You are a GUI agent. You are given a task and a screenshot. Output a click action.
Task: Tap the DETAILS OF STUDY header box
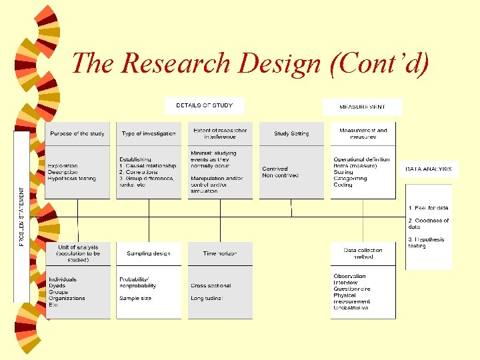[x=204, y=105]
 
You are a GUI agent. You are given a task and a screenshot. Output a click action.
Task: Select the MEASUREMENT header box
[x=362, y=107]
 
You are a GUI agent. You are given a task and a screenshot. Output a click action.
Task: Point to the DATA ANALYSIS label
[x=429, y=169]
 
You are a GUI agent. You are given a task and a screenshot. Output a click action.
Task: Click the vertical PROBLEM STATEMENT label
[x=22, y=217]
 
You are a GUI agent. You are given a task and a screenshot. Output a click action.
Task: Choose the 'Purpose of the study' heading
[x=77, y=133]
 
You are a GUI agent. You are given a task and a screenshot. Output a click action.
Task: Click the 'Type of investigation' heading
[x=149, y=133]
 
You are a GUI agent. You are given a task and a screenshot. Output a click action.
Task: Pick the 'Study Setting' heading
[x=291, y=133]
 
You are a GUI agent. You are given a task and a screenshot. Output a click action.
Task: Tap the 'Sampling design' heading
[x=149, y=253]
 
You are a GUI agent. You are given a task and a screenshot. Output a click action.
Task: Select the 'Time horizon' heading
[x=220, y=253]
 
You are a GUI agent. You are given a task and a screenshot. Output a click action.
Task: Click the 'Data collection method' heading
[x=363, y=253]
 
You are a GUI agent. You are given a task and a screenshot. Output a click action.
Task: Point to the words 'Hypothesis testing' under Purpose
[x=72, y=179]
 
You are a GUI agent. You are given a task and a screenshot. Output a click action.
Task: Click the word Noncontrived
[x=280, y=175]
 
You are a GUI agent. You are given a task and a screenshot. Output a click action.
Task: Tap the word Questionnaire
[x=352, y=289]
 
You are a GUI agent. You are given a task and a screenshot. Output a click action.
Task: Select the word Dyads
[x=57, y=285]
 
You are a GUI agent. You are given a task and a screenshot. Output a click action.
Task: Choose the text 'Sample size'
[x=135, y=298]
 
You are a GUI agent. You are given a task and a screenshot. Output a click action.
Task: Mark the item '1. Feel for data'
[x=428, y=208]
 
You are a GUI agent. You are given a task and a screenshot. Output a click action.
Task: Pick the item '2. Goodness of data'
[x=428, y=223]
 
